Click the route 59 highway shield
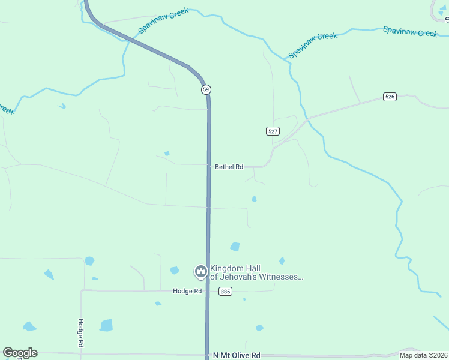click(206, 89)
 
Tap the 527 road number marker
click(273, 131)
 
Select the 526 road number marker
click(390, 97)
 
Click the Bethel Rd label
click(229, 167)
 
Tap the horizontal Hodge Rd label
click(187, 291)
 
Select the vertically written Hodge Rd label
click(80, 333)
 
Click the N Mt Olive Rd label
click(237, 355)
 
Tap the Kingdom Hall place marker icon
click(200, 272)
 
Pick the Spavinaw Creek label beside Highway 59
click(163, 20)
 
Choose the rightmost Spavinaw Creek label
click(411, 32)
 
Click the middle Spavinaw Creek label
click(313, 45)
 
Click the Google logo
click(20, 353)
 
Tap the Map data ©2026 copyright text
click(423, 355)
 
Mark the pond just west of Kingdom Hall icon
click(174, 271)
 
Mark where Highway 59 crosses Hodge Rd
click(208, 291)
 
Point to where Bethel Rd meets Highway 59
click(209, 165)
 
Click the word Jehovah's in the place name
click(238, 277)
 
